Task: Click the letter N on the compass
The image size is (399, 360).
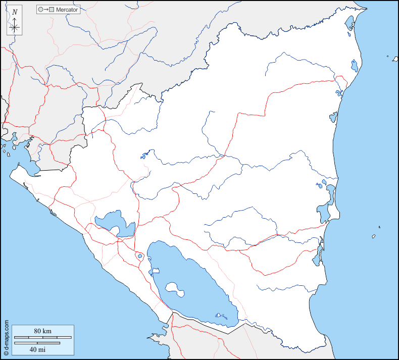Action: [15, 12]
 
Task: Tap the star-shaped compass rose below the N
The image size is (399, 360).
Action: [15, 27]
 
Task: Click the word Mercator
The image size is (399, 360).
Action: [68, 10]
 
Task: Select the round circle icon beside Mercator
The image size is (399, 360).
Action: [40, 10]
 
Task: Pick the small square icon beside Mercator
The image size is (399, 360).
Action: [52, 10]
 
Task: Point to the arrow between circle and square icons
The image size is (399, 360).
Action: [46, 10]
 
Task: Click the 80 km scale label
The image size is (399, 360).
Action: [42, 331]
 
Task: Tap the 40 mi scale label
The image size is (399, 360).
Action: [37, 349]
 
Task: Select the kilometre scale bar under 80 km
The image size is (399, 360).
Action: [42, 337]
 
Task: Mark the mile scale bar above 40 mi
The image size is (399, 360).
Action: [37, 343]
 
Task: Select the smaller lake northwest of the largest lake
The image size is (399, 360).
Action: [114, 222]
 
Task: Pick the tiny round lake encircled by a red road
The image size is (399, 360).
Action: [139, 256]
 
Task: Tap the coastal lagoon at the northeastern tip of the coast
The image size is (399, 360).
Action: [349, 23]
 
